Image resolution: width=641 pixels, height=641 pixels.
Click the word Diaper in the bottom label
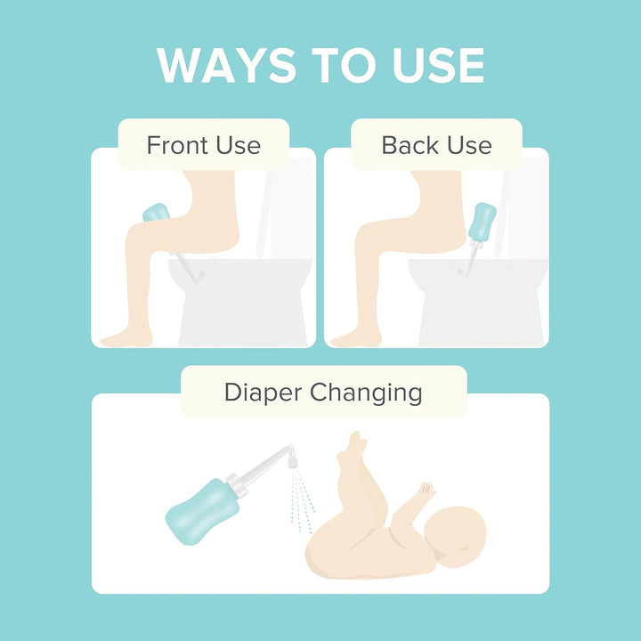click(x=266, y=392)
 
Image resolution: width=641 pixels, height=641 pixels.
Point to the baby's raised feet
click(x=356, y=445)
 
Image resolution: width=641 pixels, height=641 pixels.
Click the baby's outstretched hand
click(x=426, y=491)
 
